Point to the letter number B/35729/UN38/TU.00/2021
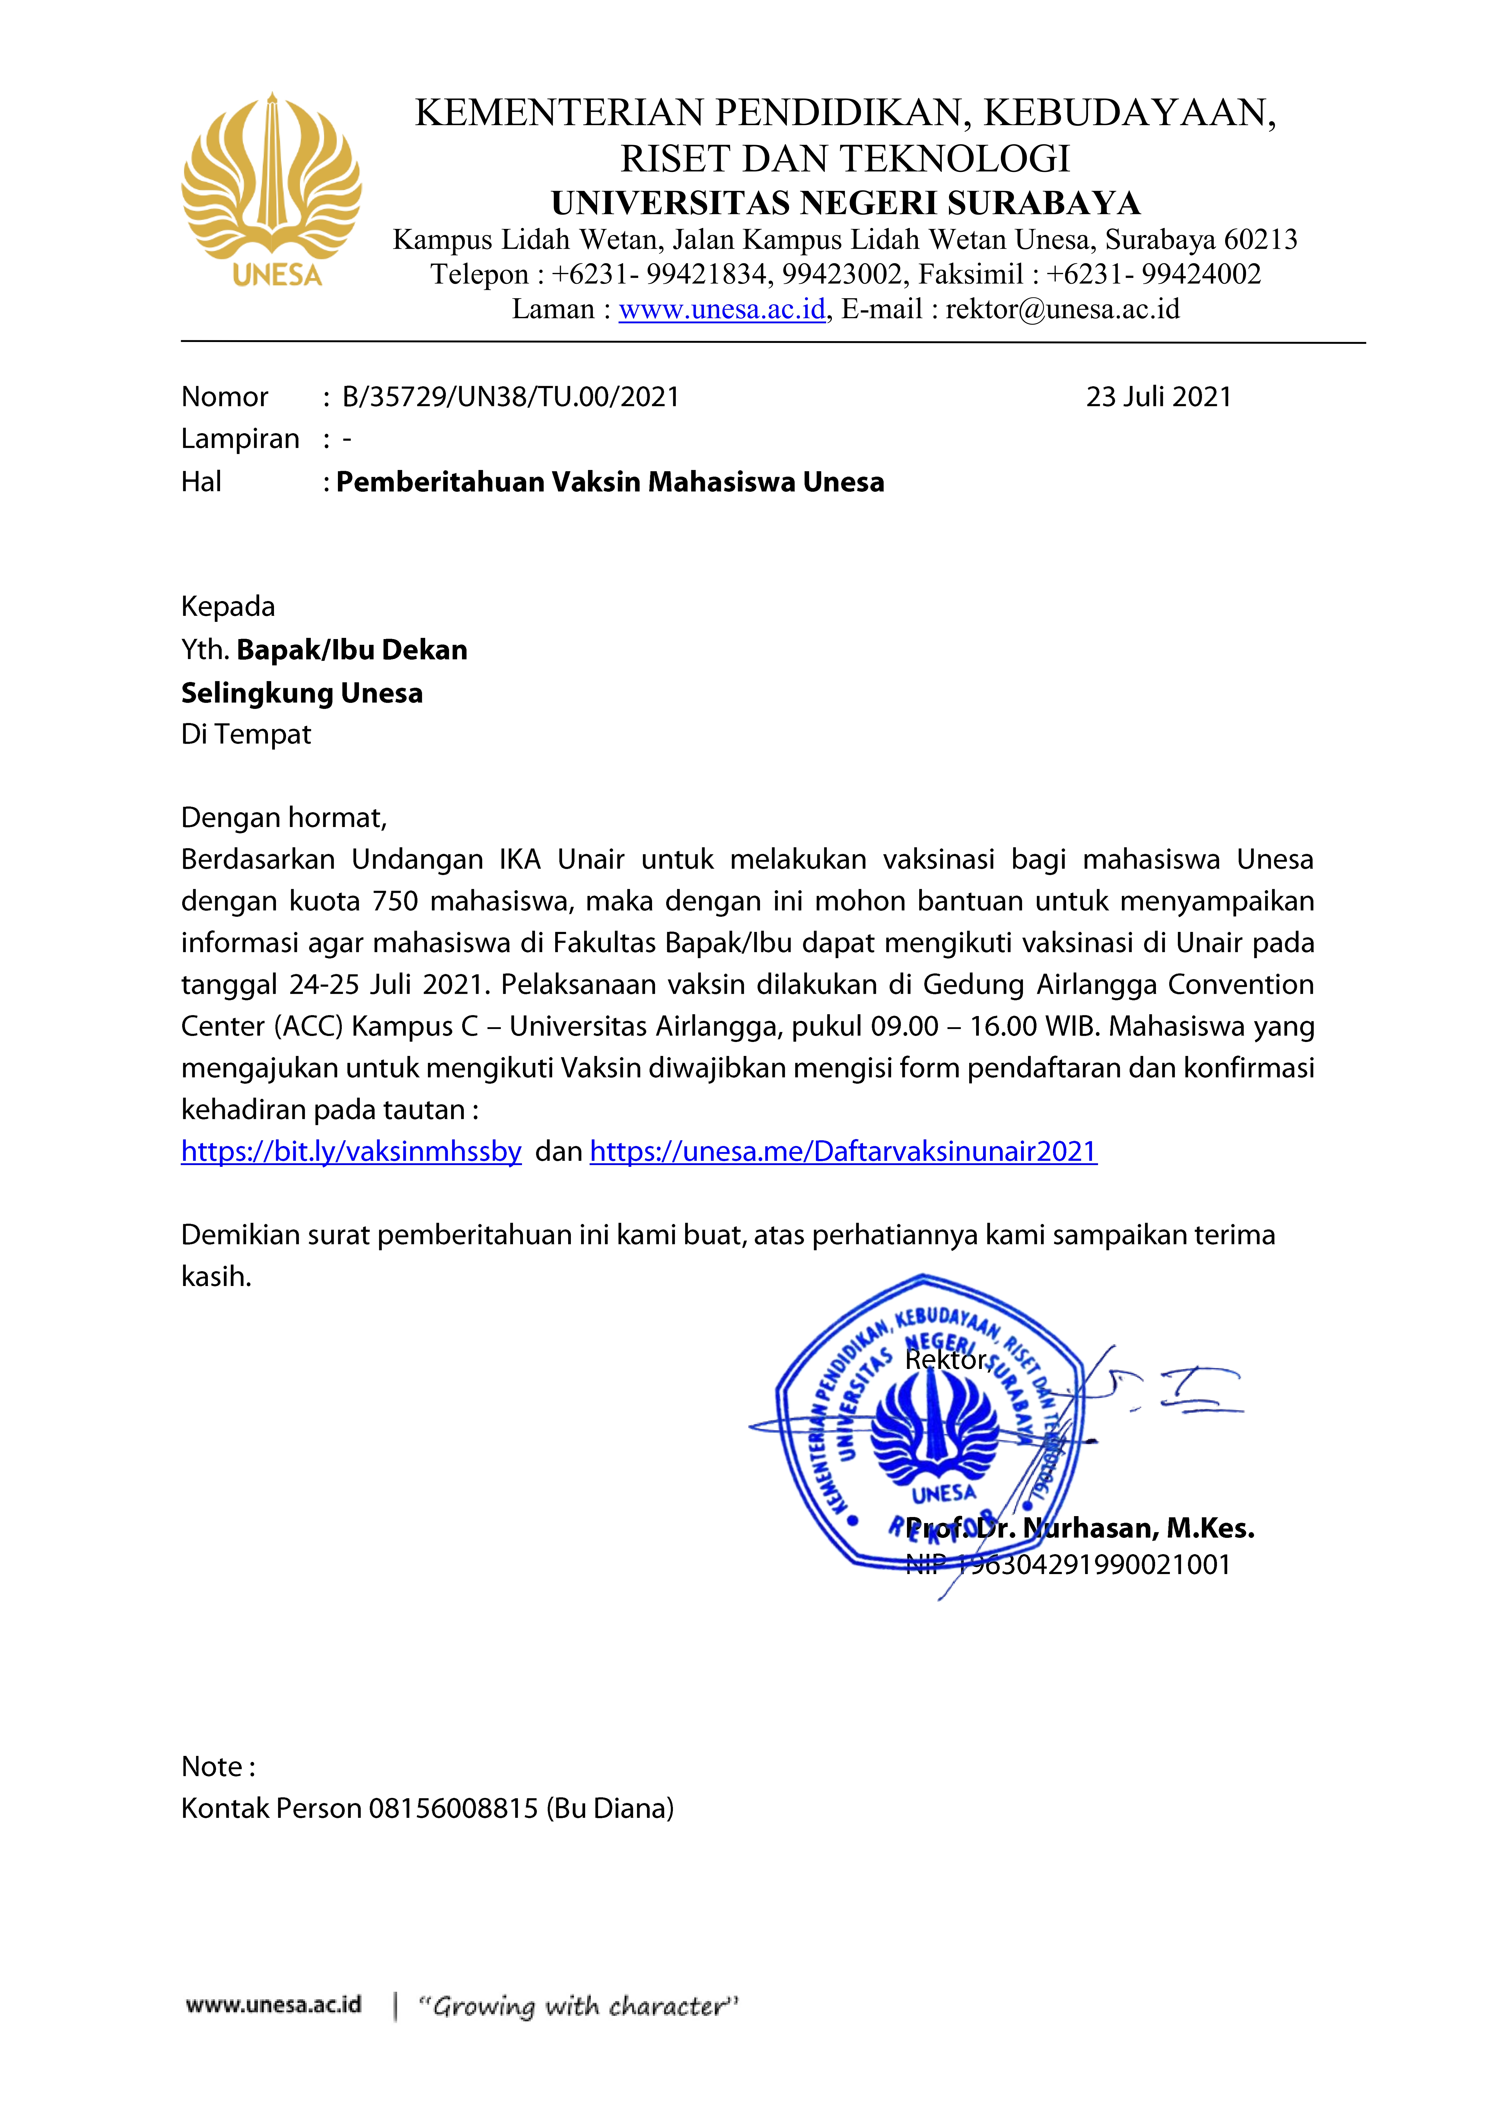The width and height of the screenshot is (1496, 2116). click(x=511, y=397)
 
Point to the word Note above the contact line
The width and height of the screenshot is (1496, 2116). click(x=212, y=1767)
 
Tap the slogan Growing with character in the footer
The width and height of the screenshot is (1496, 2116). click(x=578, y=2006)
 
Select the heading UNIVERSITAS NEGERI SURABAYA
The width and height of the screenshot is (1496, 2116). click(x=845, y=203)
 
